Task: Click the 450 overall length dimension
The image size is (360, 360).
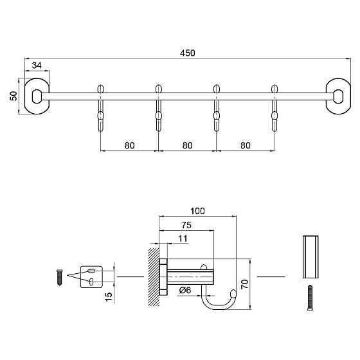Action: [x=188, y=53]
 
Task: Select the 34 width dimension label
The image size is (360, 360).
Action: [x=37, y=66]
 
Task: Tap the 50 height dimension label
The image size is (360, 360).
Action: [x=14, y=96]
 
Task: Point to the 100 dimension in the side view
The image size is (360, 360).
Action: [x=198, y=211]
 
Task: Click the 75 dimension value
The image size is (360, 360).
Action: [x=186, y=225]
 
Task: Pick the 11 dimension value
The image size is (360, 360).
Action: [x=183, y=239]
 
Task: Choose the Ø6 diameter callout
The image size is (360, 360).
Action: [x=185, y=290]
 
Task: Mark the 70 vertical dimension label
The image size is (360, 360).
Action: [x=245, y=284]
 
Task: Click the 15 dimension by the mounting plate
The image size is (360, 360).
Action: [x=109, y=297]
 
